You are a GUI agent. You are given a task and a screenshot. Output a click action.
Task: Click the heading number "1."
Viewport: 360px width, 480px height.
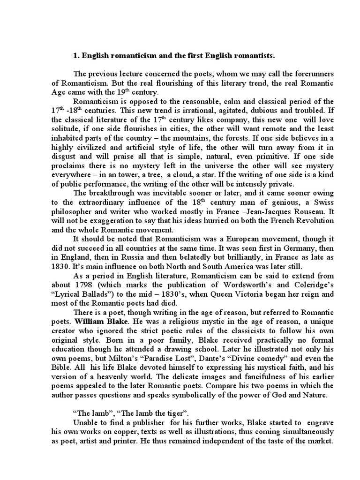(76, 56)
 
